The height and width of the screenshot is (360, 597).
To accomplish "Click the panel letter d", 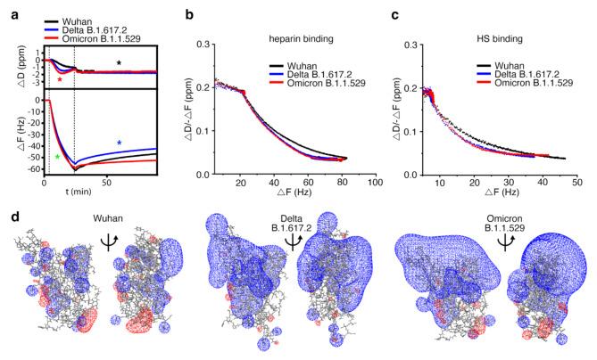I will coord(7,215).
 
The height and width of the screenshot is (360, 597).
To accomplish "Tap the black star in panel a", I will coord(120,63).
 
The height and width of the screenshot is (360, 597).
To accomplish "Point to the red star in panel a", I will coord(59,80).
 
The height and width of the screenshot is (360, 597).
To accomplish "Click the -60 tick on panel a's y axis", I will coord(35,168).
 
